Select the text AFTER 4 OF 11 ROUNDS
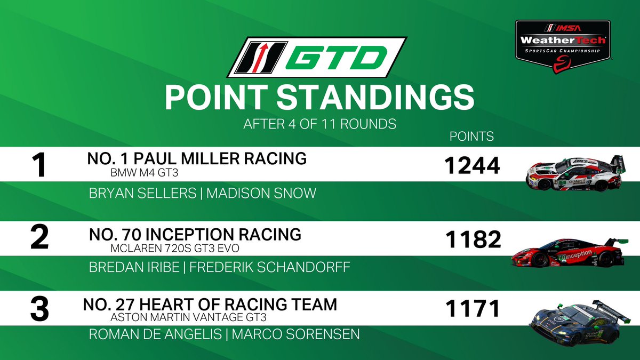pos(319,124)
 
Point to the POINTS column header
pos(472,137)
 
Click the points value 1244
pos(472,166)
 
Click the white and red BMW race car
pos(573,173)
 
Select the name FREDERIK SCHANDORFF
pos(270,267)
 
